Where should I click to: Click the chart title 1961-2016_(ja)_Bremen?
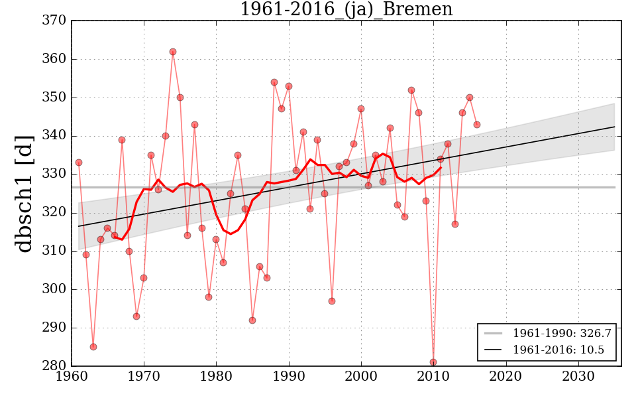[x=346, y=9]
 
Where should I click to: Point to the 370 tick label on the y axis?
[x=54, y=21]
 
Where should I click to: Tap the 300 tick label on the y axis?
[x=54, y=289]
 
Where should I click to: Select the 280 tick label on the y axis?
[x=54, y=366]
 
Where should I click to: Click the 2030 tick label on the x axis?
[x=578, y=377]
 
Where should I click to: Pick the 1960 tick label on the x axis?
[x=72, y=377]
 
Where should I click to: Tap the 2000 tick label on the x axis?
[x=362, y=377]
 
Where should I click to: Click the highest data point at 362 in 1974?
[x=173, y=52]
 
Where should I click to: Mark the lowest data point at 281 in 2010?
[x=433, y=362]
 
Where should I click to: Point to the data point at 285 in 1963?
[x=93, y=347]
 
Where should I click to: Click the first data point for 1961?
[x=79, y=163]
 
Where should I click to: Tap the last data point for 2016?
[x=477, y=125]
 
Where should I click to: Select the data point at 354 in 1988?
[x=274, y=82]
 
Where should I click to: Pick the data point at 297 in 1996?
[x=332, y=301]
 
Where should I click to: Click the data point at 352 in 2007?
[x=411, y=90]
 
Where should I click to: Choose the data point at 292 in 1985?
[x=252, y=320]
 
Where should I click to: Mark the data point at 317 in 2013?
[x=455, y=224]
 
